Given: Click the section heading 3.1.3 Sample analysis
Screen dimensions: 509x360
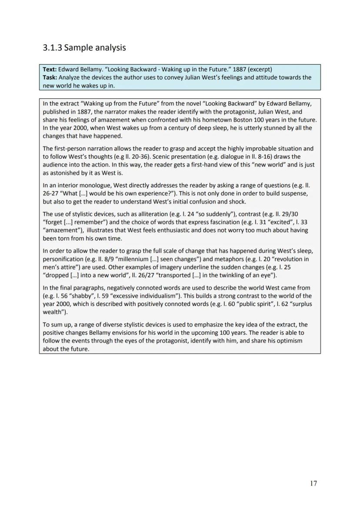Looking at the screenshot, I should click(x=84, y=47).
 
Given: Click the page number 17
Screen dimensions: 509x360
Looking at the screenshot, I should click(x=313, y=483).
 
